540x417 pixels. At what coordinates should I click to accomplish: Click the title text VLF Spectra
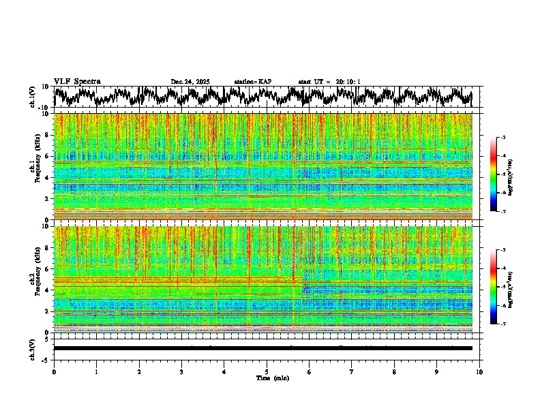[x=77, y=81]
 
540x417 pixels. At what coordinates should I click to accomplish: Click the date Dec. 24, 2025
[x=190, y=82]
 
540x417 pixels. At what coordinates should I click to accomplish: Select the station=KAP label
[x=252, y=82]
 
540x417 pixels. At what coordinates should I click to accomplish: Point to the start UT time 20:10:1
[x=347, y=82]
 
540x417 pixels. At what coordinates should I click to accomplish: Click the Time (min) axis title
[x=272, y=378]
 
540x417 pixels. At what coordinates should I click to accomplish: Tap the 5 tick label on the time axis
[x=267, y=372]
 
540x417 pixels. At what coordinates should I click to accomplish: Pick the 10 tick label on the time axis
[x=479, y=372]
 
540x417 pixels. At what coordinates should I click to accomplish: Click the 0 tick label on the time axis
[x=54, y=372]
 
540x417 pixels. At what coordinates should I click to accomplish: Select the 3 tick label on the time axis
[x=181, y=372]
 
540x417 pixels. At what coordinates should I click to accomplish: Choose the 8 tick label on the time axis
[x=394, y=372]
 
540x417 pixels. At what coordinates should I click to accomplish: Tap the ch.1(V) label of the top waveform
[x=32, y=97]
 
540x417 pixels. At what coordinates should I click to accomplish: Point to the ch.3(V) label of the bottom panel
[x=32, y=348]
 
